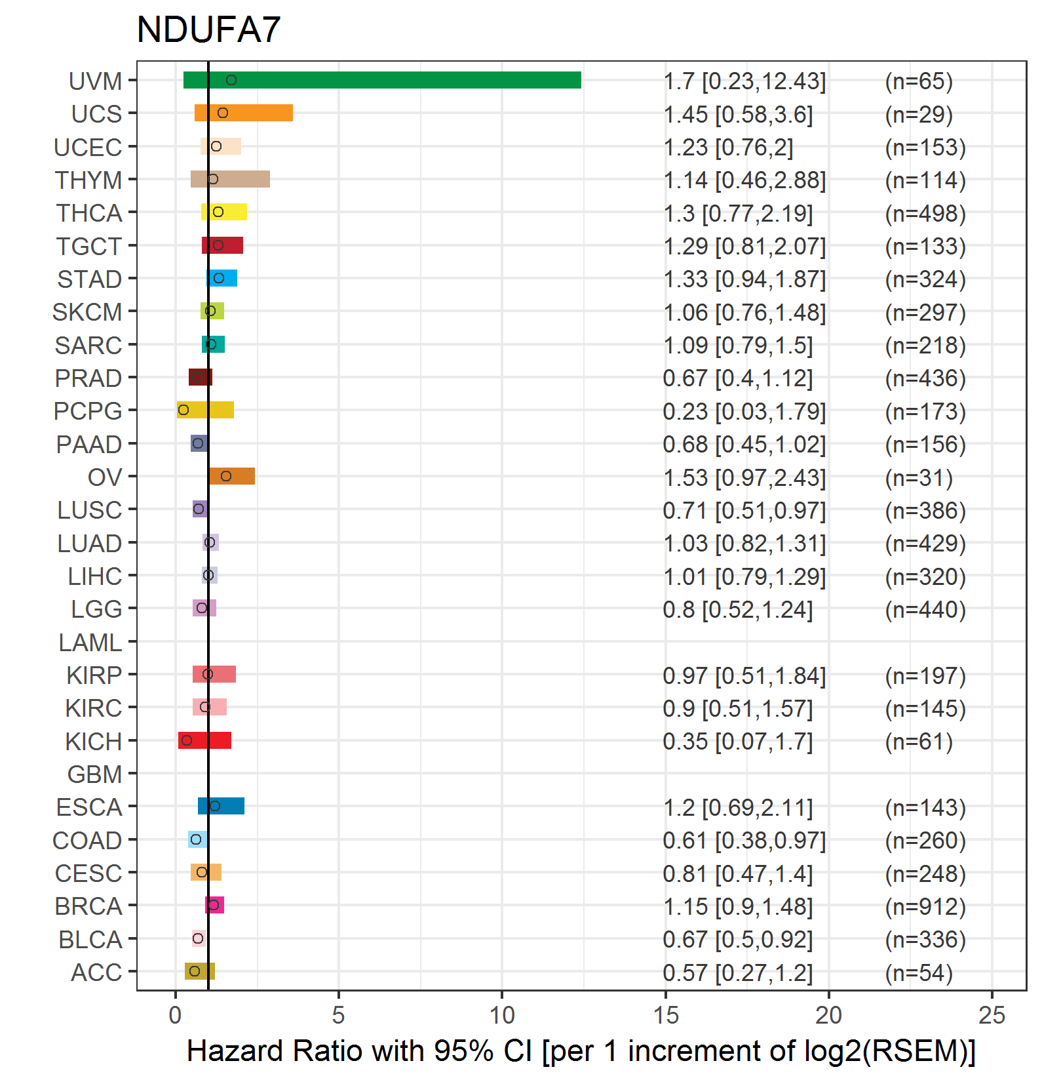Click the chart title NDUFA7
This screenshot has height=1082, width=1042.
click(x=208, y=30)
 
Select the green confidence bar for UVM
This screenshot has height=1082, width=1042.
click(x=382, y=80)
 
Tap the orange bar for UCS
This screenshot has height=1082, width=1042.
click(x=244, y=113)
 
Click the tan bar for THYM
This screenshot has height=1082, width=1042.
click(x=230, y=179)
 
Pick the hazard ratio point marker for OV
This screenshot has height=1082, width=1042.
click(x=226, y=476)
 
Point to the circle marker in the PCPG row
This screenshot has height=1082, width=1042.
click(x=183, y=410)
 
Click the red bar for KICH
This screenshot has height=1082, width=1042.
click(x=204, y=740)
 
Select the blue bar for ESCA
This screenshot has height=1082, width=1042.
click(x=221, y=806)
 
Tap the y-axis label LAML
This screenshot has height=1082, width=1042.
click(x=90, y=643)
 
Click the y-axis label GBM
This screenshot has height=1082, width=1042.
click(x=95, y=774)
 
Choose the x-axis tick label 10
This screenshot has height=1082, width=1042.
click(x=502, y=1015)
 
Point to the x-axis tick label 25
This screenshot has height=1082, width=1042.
click(x=992, y=1015)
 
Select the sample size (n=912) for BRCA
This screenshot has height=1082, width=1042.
click(x=925, y=906)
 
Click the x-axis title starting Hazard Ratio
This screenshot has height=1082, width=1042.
click(x=581, y=1051)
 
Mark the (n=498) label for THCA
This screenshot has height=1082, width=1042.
click(x=925, y=213)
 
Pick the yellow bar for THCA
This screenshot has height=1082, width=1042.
click(x=224, y=212)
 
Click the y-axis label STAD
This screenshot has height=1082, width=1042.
click(x=90, y=279)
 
